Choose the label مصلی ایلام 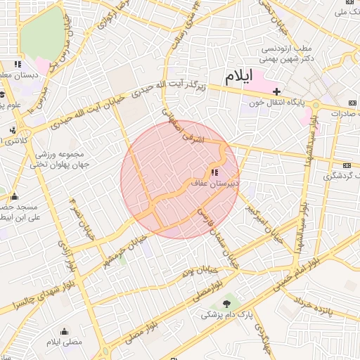tap(65, 342)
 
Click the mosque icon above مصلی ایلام tap(65, 332)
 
